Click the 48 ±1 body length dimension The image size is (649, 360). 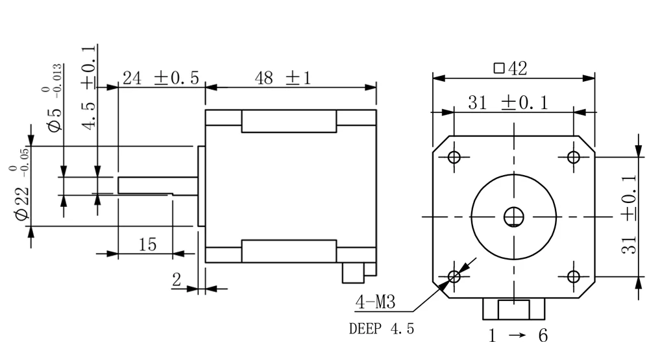[x=283, y=78]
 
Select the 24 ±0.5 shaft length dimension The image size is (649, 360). [x=161, y=78]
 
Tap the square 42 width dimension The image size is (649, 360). [x=511, y=68]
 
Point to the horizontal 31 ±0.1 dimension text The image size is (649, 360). [x=508, y=102]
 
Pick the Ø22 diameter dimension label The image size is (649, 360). [x=21, y=193]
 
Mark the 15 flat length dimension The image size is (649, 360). [x=147, y=245]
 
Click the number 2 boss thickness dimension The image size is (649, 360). [x=177, y=280]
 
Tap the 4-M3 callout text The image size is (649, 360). [x=375, y=302]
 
